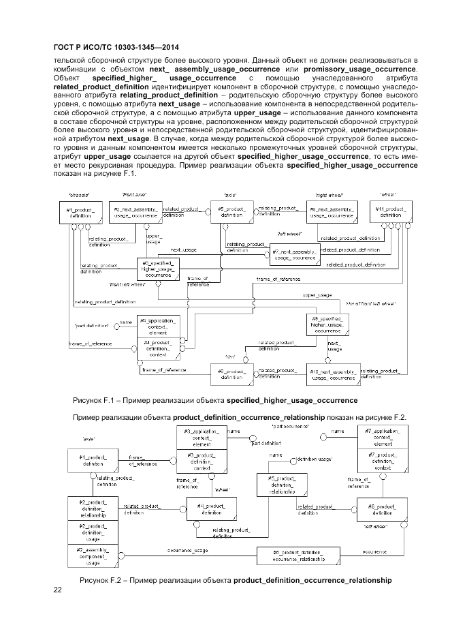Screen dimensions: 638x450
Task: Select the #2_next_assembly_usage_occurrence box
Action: (x=135, y=212)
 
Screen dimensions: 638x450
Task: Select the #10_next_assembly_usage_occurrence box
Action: (x=333, y=374)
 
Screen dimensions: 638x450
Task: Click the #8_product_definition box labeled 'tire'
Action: (x=230, y=374)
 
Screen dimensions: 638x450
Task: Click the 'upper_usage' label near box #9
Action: (x=317, y=295)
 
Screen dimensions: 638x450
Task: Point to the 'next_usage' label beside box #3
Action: (x=184, y=250)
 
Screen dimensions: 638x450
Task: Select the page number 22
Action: (x=58, y=590)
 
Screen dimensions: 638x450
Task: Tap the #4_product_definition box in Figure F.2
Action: (x=211, y=508)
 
